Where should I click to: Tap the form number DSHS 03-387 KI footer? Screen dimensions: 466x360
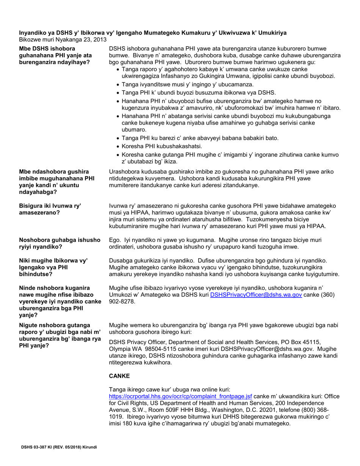click(x=59, y=447)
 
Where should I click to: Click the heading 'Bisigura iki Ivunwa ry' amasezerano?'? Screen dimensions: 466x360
click(x=50, y=210)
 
